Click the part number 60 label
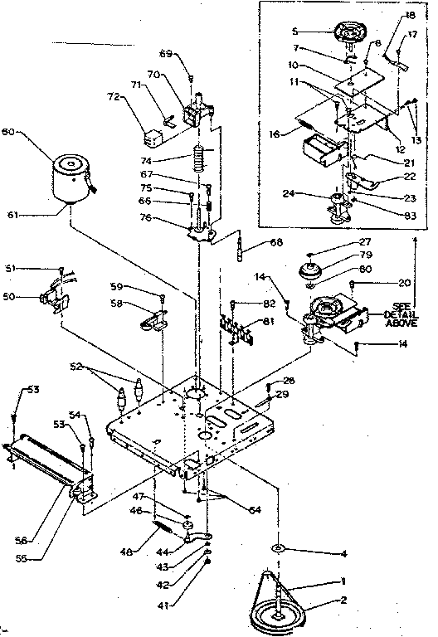(x=9, y=131)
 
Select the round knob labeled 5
(x=352, y=34)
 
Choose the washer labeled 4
(x=276, y=547)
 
